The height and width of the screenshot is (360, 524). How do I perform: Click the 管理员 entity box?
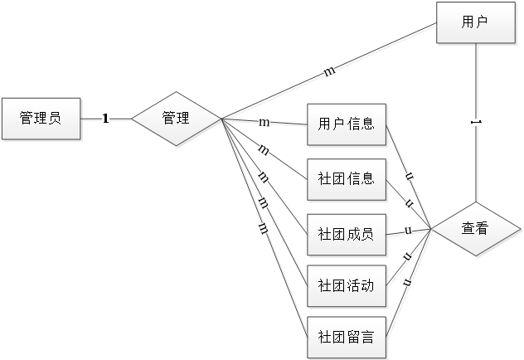(41, 119)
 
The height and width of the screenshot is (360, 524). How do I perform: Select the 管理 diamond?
(176, 119)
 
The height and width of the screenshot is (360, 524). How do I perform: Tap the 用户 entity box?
(474, 22)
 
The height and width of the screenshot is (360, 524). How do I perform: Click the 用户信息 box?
(347, 125)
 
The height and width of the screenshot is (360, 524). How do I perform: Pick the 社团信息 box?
(347, 179)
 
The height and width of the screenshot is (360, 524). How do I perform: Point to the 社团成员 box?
(347, 233)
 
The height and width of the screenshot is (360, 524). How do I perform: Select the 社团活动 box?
(347, 286)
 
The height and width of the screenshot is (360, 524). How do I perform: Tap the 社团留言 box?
(347, 337)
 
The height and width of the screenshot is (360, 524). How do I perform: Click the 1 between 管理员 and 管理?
(106, 119)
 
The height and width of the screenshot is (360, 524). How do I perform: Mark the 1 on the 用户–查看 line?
(474, 122)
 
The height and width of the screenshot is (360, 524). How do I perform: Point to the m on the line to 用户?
(329, 72)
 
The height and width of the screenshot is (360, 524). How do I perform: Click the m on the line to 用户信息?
(264, 123)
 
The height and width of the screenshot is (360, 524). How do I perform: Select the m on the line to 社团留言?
(262, 226)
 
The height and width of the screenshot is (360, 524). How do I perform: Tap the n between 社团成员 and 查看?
(408, 231)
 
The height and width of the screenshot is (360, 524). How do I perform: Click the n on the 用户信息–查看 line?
(409, 176)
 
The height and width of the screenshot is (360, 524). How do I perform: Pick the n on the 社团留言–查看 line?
(408, 283)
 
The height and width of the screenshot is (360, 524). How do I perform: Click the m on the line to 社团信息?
(263, 150)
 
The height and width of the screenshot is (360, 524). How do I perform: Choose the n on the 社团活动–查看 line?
(408, 256)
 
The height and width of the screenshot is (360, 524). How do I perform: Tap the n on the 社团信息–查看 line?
(408, 203)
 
